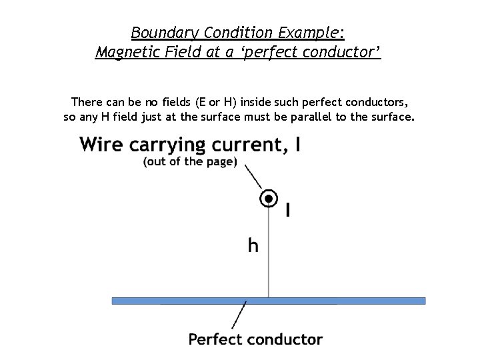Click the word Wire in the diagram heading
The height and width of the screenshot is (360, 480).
click(x=101, y=144)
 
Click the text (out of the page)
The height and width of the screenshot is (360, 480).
click(x=190, y=162)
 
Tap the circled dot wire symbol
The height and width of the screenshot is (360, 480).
click(x=269, y=197)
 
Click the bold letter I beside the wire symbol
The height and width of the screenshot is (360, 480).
click(x=287, y=211)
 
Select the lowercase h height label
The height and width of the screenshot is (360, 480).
click(x=253, y=245)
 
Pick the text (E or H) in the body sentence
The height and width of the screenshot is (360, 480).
click(x=214, y=103)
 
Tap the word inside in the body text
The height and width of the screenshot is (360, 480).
click(x=256, y=103)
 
